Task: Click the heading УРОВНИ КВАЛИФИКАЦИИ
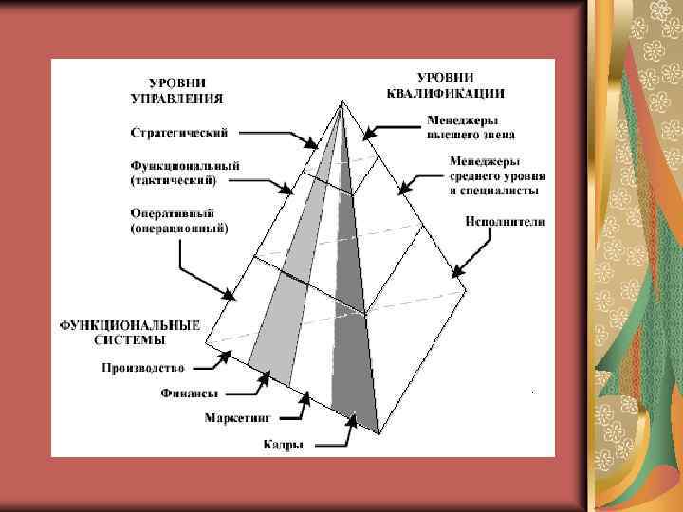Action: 444,84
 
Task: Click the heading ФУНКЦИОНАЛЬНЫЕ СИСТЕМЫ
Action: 130,331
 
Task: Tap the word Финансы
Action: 189,392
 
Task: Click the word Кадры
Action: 284,443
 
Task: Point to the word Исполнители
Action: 505,222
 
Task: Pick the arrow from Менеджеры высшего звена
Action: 391,127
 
